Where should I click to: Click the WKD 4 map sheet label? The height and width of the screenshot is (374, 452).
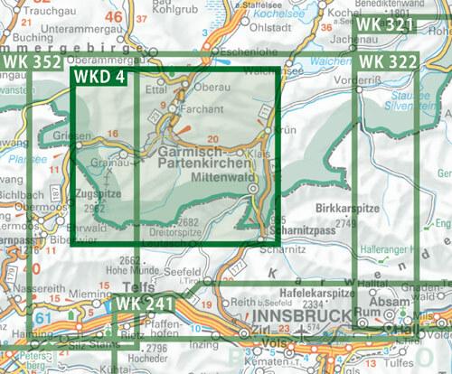point(99,78)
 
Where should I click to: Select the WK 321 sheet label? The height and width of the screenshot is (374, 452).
point(388,24)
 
